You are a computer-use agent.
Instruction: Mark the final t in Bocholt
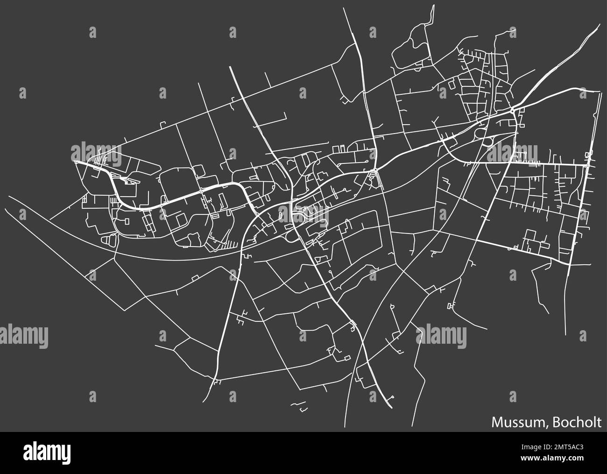pyautogui.click(x=599, y=423)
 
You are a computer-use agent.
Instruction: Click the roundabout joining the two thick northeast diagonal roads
pyautogui.click(x=513, y=110)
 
